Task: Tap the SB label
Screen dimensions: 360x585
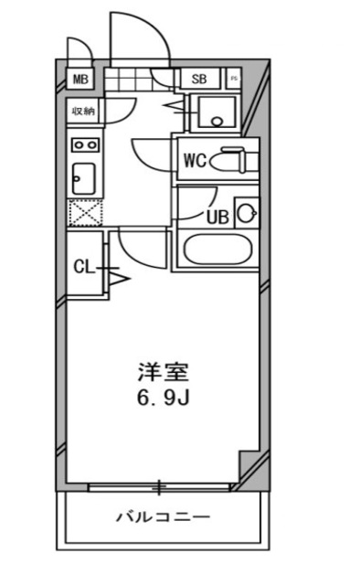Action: pos(200,79)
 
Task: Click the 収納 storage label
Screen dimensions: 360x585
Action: pos(85,112)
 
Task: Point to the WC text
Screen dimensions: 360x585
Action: pos(194,161)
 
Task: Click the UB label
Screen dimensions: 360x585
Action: pos(217,217)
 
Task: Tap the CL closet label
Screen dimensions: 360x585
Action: pos(83,267)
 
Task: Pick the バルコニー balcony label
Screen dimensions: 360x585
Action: pos(163,517)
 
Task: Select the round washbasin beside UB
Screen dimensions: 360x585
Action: pos(245,214)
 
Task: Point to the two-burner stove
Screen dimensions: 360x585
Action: pos(85,144)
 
